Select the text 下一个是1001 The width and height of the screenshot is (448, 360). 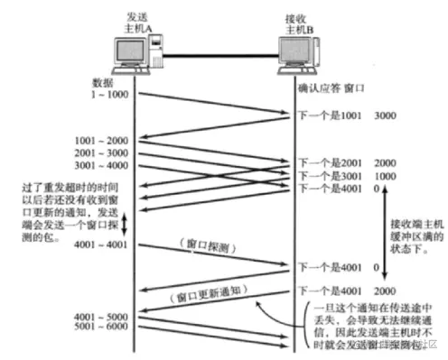click(x=332, y=116)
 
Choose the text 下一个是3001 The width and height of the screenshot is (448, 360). click(x=332, y=176)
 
